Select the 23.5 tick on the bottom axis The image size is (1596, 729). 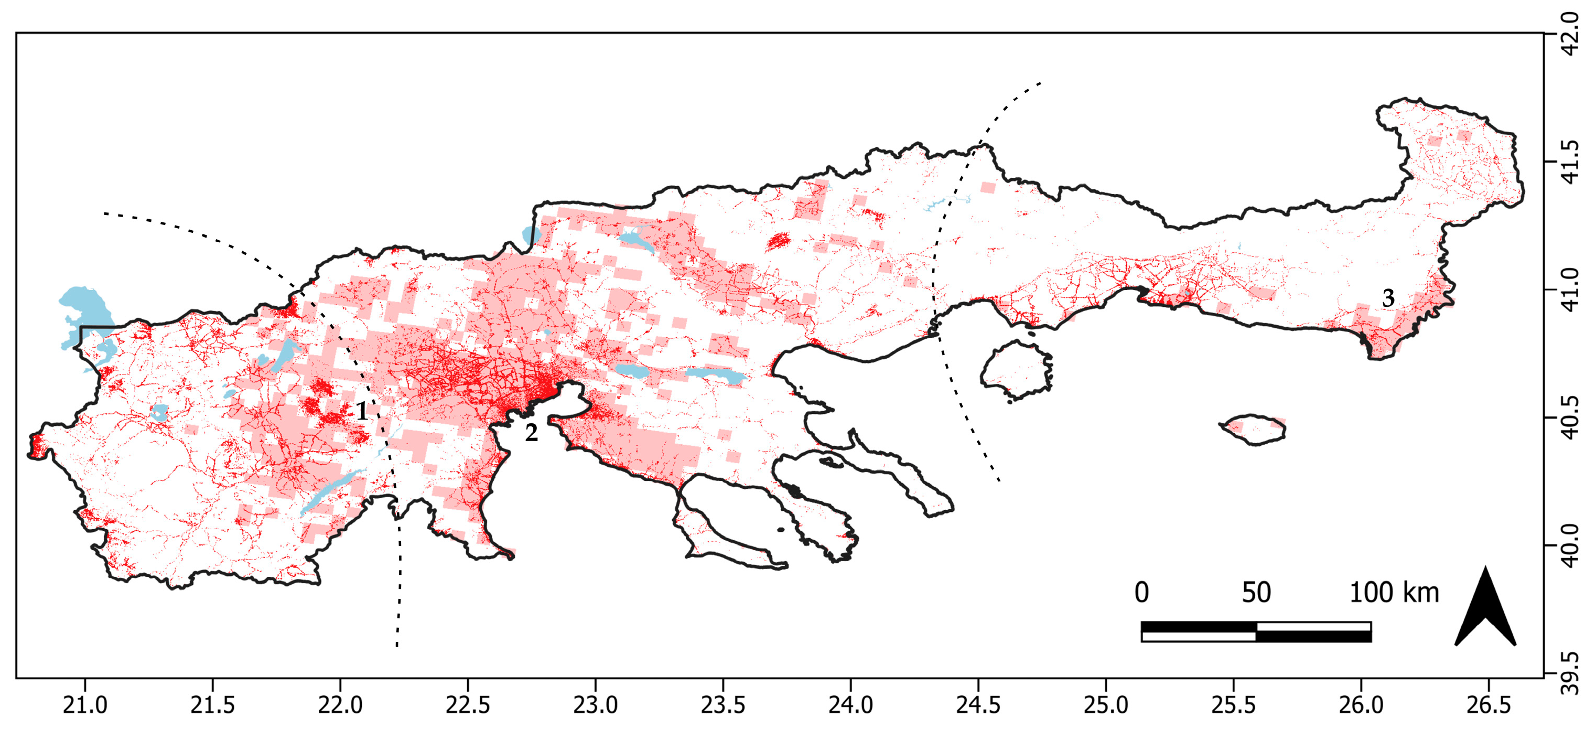click(723, 705)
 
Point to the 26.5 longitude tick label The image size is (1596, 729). click(1488, 705)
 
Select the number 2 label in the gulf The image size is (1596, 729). click(531, 433)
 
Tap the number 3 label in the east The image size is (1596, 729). click(1388, 298)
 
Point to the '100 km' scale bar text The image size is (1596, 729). click(1394, 593)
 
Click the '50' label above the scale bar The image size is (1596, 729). click(1256, 593)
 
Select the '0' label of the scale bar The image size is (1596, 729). click(1141, 593)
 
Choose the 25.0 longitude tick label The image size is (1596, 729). click(1106, 705)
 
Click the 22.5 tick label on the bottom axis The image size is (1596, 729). click(468, 705)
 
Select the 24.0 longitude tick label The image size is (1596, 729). click(850, 705)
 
